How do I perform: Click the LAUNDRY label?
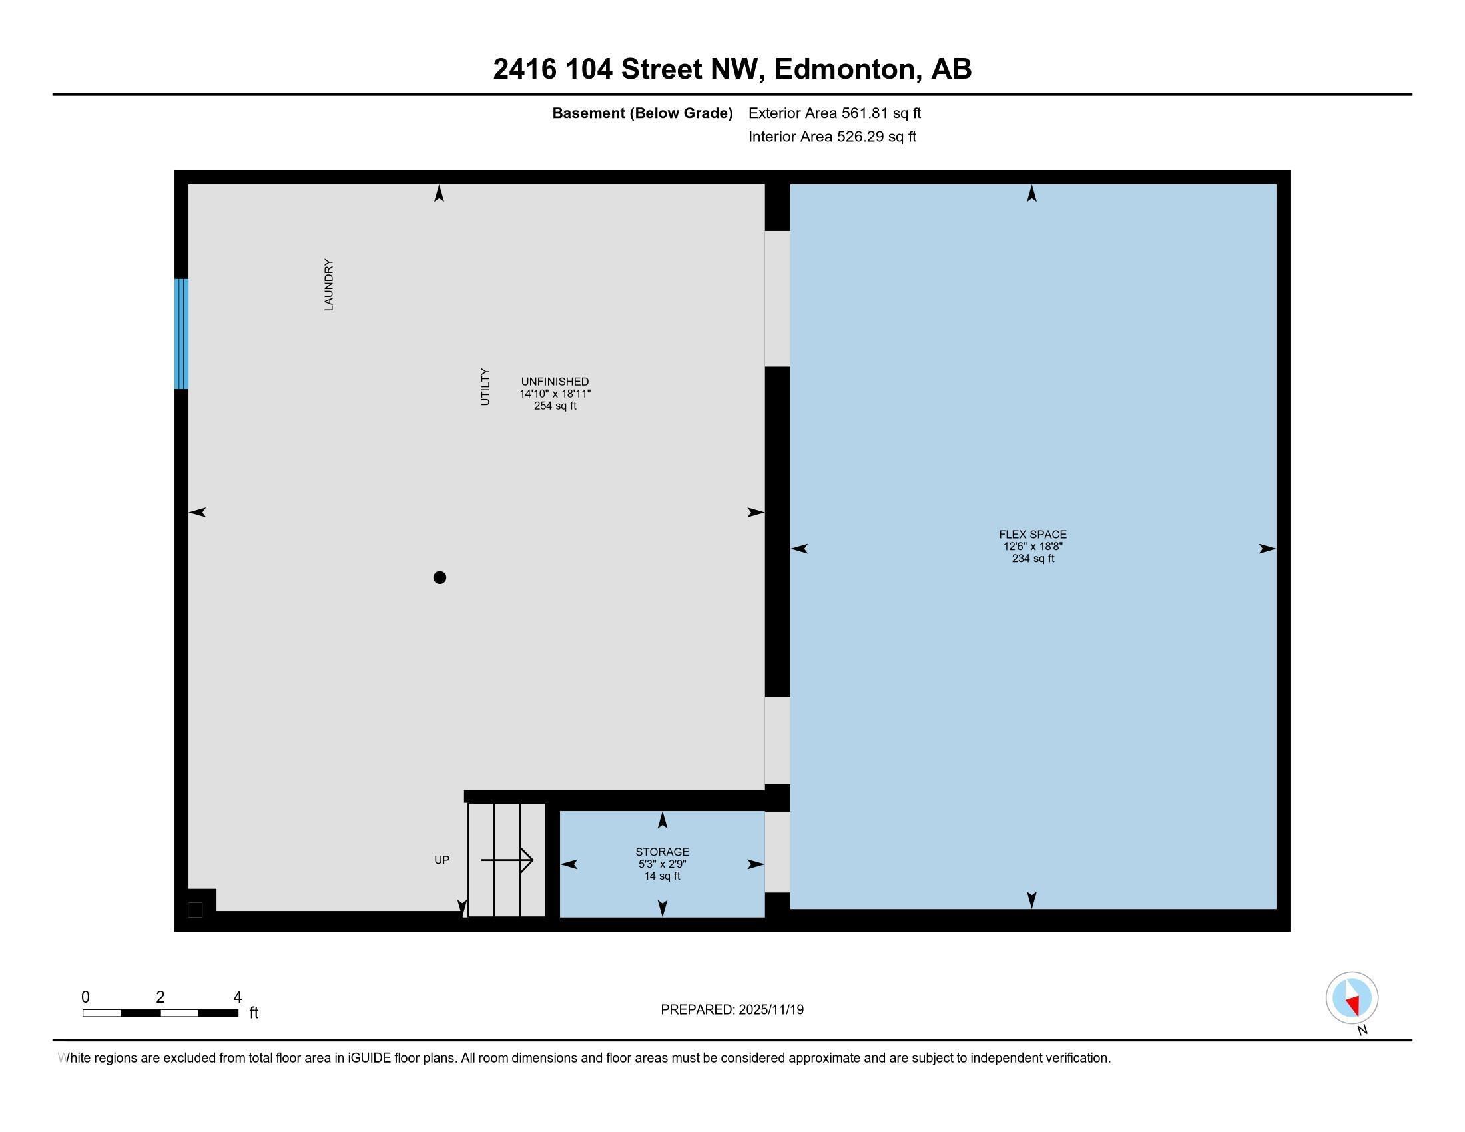(329, 284)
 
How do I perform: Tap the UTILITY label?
(485, 387)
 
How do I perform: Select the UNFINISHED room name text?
(555, 382)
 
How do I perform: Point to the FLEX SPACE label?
(1032, 535)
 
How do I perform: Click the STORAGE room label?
(662, 852)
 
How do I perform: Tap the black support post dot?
(439, 577)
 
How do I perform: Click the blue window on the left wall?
(181, 334)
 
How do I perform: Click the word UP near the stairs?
(441, 860)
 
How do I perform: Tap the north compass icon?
(1352, 997)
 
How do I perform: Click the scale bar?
(160, 1013)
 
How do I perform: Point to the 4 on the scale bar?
(237, 997)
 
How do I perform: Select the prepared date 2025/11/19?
(770, 1009)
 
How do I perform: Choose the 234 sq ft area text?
(1033, 558)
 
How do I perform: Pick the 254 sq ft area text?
(555, 406)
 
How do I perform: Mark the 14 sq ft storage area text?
(662, 876)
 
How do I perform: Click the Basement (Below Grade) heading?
(642, 113)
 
